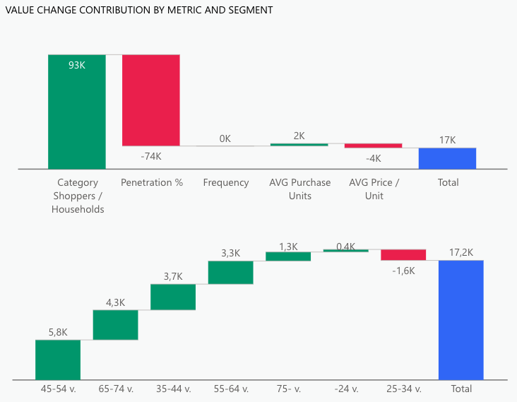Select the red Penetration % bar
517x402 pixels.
(x=151, y=100)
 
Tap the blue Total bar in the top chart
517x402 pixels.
(x=447, y=158)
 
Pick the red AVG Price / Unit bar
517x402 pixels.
(x=373, y=146)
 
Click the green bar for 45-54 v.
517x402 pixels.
(x=58, y=360)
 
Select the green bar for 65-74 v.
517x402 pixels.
(x=116, y=324)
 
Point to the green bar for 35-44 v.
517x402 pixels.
(x=173, y=297)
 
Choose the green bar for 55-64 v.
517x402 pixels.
(x=231, y=272)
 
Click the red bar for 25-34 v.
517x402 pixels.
(x=403, y=254)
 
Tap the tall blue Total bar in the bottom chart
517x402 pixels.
(x=460, y=319)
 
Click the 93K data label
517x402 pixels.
(x=77, y=65)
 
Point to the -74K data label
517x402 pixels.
(x=150, y=156)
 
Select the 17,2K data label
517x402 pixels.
(x=460, y=252)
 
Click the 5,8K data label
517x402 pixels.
(x=58, y=331)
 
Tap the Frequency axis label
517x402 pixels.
(x=226, y=182)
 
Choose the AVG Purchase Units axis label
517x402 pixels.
(x=299, y=189)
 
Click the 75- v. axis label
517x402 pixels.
(x=288, y=389)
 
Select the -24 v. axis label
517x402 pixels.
(x=346, y=389)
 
